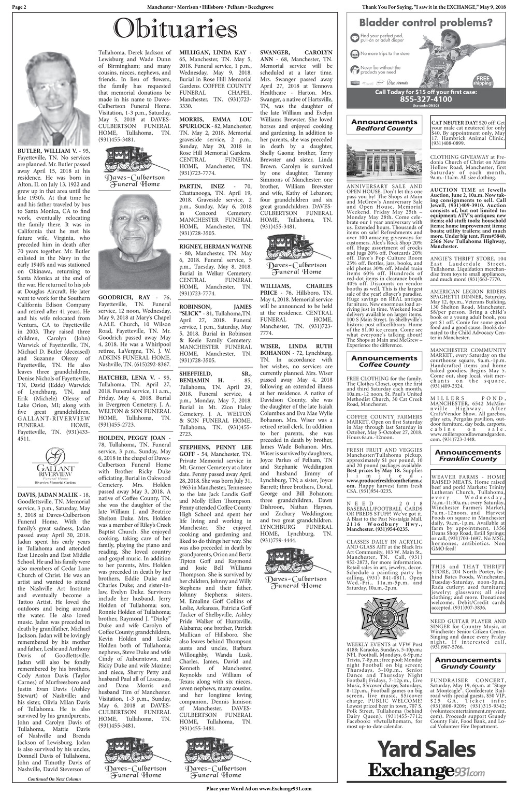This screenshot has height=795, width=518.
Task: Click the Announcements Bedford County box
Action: click(x=384, y=125)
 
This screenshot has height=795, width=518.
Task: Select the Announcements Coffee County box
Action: click(x=384, y=361)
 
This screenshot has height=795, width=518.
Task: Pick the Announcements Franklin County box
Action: click(x=468, y=455)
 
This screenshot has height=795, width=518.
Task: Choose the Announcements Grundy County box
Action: click(x=468, y=663)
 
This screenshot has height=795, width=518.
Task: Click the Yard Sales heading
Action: click(x=426, y=749)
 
